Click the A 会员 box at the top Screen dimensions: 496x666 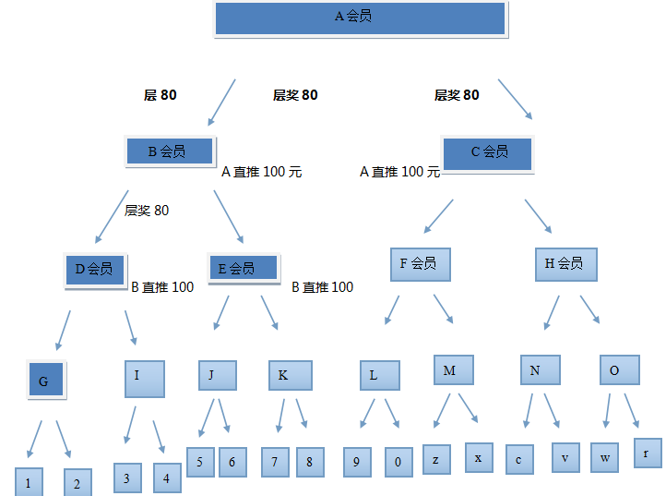click(x=360, y=18)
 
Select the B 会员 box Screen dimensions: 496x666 click(x=169, y=151)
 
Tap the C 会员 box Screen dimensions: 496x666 click(x=488, y=152)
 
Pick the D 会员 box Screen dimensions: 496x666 click(x=95, y=270)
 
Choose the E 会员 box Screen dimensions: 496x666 click(x=244, y=269)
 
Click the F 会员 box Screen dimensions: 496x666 click(x=420, y=264)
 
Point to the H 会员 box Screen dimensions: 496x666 click(x=565, y=264)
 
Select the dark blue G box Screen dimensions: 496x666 click(x=45, y=381)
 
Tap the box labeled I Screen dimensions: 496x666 click(x=145, y=378)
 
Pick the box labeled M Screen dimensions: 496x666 click(x=453, y=370)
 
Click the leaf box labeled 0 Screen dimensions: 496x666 click(x=398, y=462)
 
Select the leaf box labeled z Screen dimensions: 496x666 click(x=437, y=459)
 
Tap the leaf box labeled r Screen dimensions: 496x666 click(x=647, y=453)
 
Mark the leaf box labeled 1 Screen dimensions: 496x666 click(x=30, y=482)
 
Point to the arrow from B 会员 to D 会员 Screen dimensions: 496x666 click(x=111, y=215)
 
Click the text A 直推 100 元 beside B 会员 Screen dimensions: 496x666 click(x=262, y=172)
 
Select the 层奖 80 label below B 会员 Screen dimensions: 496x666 click(x=147, y=211)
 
